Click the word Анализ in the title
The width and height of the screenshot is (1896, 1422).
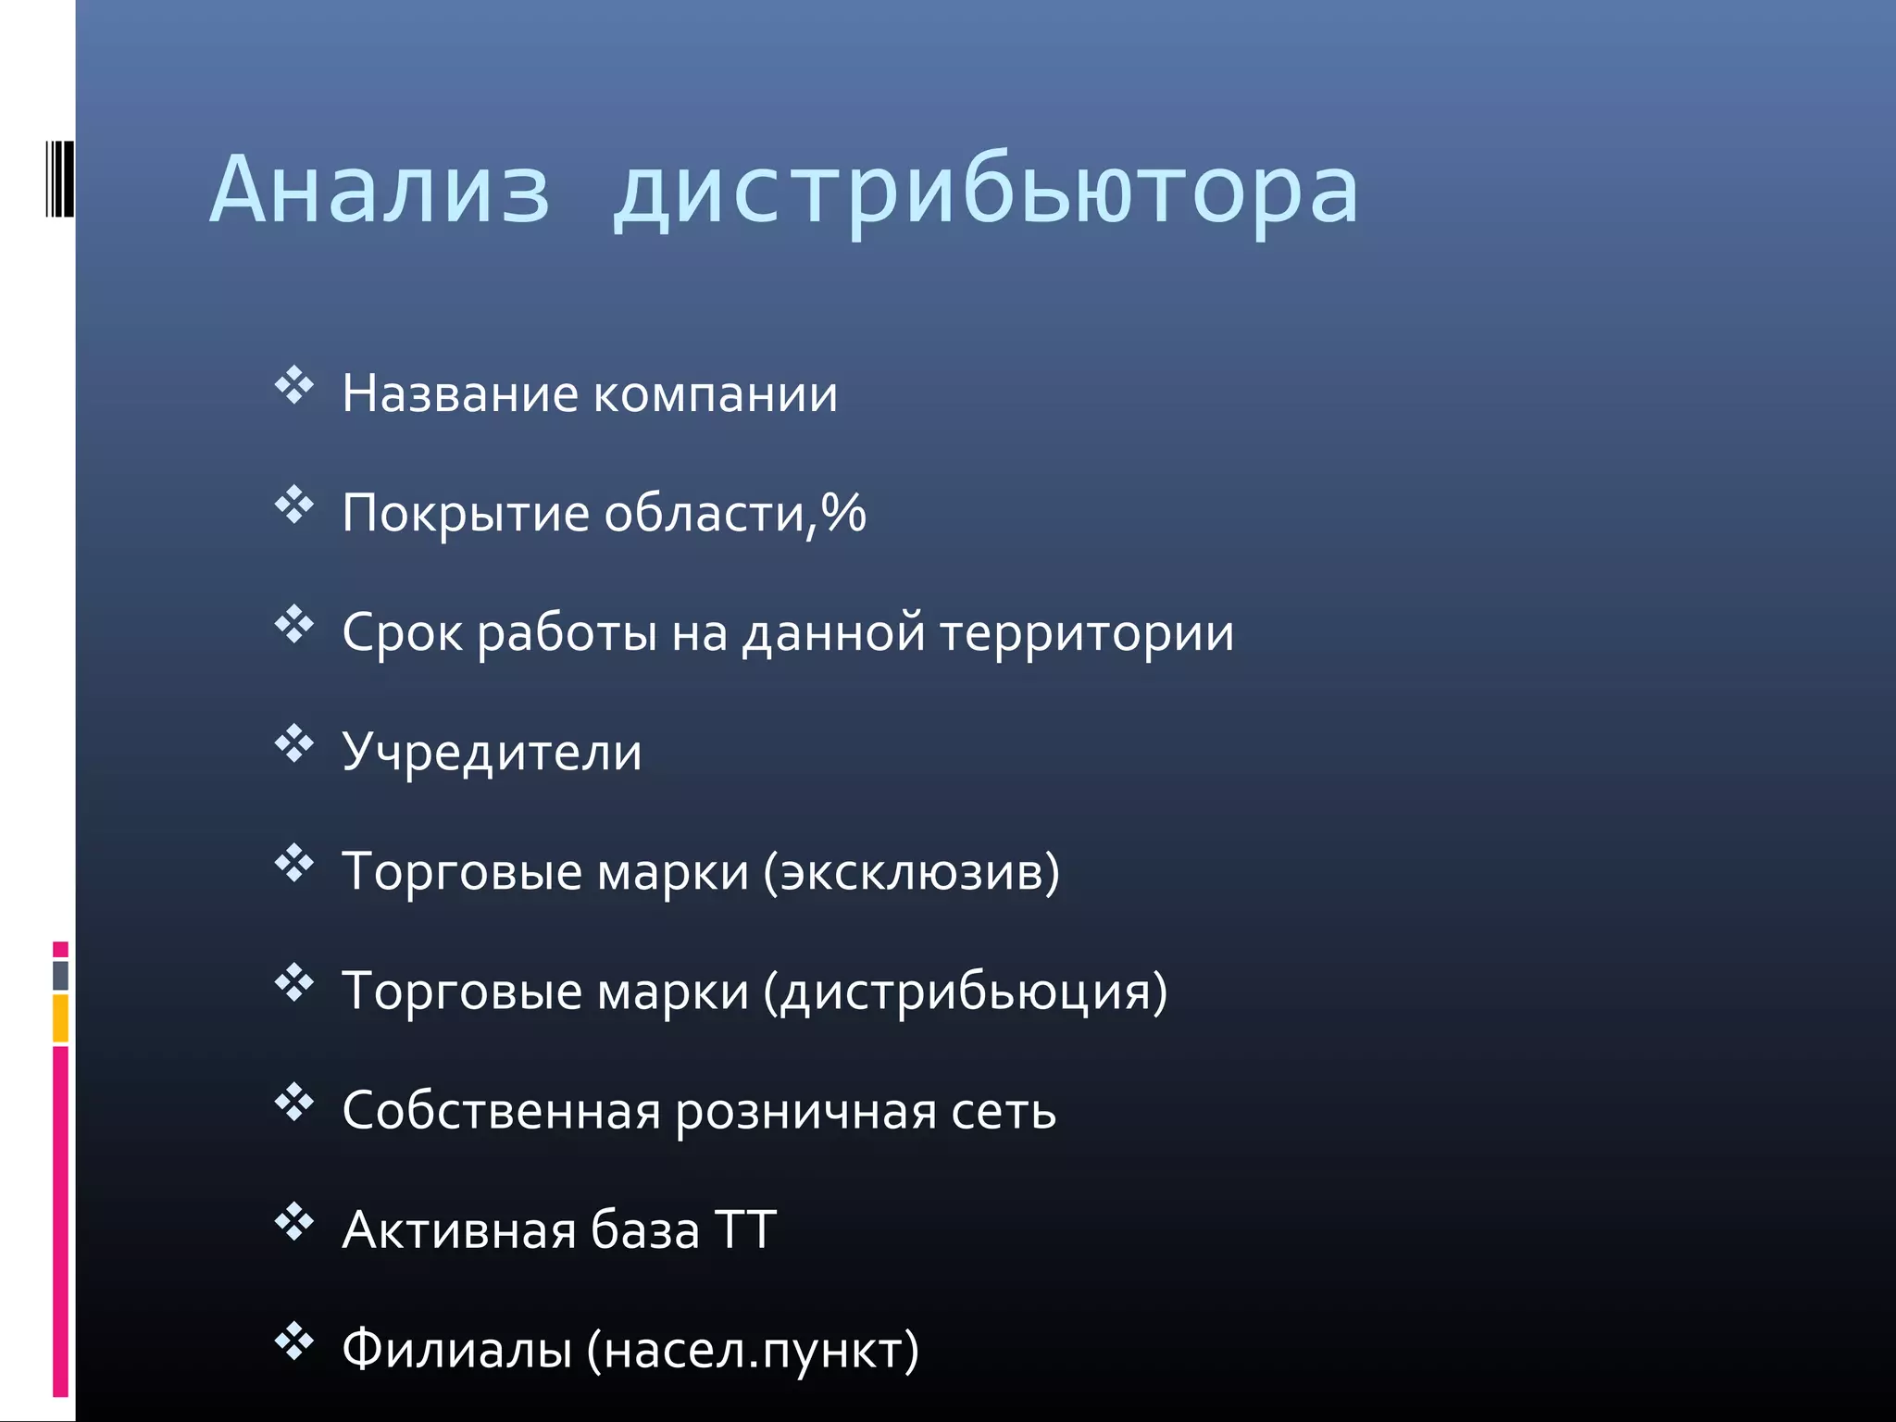pyautogui.click(x=380, y=190)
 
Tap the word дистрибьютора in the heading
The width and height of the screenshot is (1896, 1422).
pyautogui.click(x=985, y=192)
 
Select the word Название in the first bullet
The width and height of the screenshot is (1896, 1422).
pyautogui.click(x=460, y=393)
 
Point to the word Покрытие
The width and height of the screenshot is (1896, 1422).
pyautogui.click(x=466, y=514)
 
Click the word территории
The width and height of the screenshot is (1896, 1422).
pyautogui.click(x=1087, y=634)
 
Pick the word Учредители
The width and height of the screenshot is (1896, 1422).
pyautogui.click(x=492, y=752)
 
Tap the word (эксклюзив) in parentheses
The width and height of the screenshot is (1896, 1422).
pyautogui.click(x=912, y=872)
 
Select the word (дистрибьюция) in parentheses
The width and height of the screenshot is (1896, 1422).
pyautogui.click(x=966, y=992)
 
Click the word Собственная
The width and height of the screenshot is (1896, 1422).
pyautogui.click(x=501, y=1110)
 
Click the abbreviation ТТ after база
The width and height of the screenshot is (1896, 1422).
pyautogui.click(x=745, y=1230)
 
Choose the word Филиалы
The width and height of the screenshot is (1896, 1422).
pyautogui.click(x=457, y=1349)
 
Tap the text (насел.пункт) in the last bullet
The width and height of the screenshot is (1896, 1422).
pyautogui.click(x=753, y=1351)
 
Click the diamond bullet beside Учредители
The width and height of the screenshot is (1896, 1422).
pyautogui.click(x=294, y=743)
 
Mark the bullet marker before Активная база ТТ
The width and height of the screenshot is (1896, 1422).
pyautogui.click(x=294, y=1222)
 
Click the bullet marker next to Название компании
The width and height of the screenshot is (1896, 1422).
pyautogui.click(x=294, y=385)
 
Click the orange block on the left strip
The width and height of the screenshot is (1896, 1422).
pyautogui.click(x=60, y=1017)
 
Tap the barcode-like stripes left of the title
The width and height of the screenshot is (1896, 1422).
pyautogui.click(x=59, y=179)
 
